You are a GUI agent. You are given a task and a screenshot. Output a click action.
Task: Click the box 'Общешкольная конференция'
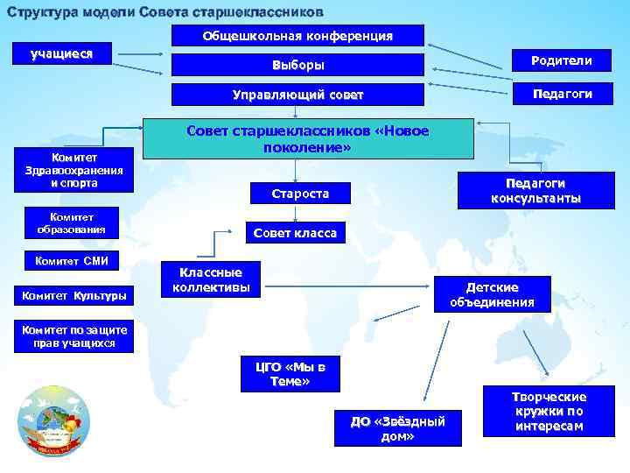[297, 36]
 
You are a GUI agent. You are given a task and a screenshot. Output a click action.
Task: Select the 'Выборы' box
[297, 66]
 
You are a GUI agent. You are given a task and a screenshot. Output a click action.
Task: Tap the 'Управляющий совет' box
[297, 95]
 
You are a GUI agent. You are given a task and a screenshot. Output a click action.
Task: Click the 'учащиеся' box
[62, 53]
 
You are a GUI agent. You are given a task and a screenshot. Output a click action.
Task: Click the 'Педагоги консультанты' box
[535, 190]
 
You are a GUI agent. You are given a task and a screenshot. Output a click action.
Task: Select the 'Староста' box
[301, 194]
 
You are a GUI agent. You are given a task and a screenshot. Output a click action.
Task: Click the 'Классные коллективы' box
[211, 279]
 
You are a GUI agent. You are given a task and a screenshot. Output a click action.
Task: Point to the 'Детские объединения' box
[493, 294]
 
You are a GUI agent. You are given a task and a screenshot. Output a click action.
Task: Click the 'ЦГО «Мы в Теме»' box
[290, 374]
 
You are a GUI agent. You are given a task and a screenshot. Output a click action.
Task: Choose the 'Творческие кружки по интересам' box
[549, 411]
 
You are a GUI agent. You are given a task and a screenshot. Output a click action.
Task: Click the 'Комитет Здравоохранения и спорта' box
[74, 170]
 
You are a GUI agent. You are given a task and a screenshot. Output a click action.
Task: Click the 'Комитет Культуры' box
[74, 296]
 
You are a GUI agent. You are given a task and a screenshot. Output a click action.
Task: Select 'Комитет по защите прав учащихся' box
[75, 337]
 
